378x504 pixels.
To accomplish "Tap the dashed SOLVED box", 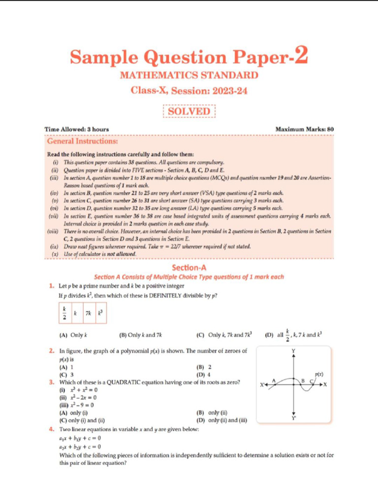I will point(189,111).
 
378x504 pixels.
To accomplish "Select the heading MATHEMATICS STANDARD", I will point(189,75).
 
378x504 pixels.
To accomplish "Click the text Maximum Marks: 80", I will point(305,129).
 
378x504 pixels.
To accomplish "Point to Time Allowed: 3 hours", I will point(77,129).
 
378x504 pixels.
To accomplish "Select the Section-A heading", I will point(189,268).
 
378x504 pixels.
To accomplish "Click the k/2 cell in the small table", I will point(64,313).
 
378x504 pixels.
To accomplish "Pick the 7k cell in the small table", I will point(88,313).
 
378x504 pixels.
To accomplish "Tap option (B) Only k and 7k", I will point(141,335).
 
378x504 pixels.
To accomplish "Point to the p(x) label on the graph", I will point(318,374).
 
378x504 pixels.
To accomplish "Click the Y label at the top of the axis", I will point(294,351).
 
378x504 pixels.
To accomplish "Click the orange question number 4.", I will point(51,429).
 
